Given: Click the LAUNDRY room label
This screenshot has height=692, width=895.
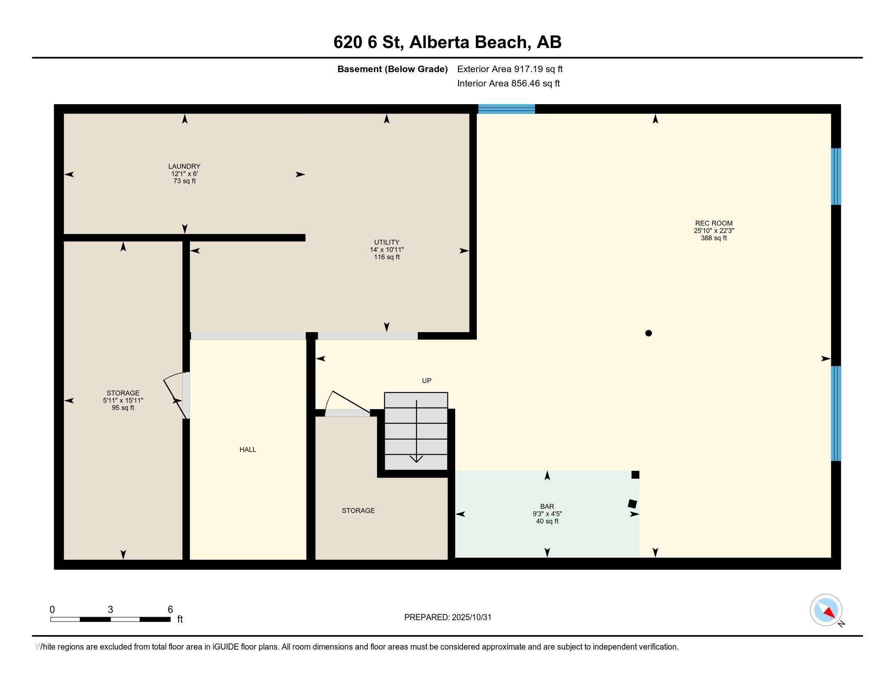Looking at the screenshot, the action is [184, 166].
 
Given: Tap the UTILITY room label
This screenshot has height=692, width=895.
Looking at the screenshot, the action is [386, 242].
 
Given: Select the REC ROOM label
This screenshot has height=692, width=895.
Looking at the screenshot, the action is [714, 223].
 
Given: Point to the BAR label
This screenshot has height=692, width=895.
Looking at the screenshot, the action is [547, 507].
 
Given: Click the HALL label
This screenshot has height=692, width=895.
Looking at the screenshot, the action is [248, 450].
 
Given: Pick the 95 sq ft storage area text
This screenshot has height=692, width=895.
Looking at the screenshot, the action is [123, 408].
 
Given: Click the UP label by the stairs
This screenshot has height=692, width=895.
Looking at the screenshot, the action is [427, 381].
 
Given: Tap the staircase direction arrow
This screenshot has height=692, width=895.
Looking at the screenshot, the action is [416, 431].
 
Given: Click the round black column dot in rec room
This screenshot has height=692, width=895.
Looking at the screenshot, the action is [648, 333].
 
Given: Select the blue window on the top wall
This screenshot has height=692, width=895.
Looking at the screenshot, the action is [506, 109].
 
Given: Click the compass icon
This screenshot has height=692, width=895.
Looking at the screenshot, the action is [826, 610].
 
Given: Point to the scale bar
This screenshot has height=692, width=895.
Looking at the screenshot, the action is [110, 620].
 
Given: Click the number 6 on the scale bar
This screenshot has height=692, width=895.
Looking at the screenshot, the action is [170, 610].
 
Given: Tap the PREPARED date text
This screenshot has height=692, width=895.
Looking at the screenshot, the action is [447, 618].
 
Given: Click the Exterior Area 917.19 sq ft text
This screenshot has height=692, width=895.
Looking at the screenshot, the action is [510, 69].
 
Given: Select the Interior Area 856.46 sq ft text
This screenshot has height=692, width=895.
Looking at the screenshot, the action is [508, 83].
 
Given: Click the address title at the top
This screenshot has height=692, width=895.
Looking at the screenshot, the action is [447, 42].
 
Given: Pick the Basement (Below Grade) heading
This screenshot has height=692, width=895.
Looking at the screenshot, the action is [392, 69].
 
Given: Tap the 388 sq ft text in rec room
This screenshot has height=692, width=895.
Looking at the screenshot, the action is [714, 238].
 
